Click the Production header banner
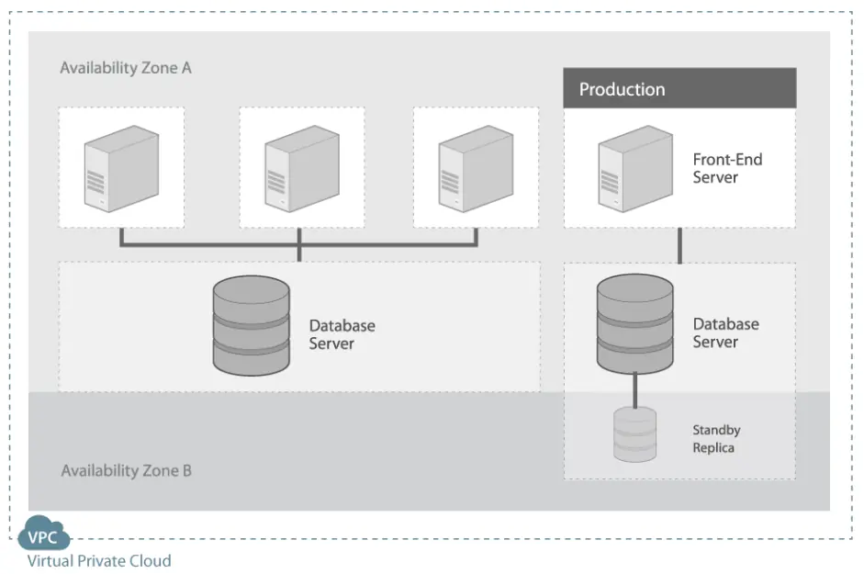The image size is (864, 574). pos(679,89)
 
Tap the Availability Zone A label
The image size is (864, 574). pos(126,68)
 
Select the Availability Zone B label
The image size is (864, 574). pos(126,471)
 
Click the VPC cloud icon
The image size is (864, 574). pos(43,537)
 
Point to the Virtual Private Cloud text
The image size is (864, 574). pos(98,560)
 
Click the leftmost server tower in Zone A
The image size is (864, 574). pos(120,168)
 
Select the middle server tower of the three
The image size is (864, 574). pos(300,168)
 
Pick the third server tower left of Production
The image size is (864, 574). pos(474,168)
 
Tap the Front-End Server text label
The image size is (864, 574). pos(727,168)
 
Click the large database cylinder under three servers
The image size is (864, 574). pos(251,326)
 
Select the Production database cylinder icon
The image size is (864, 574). pos(634,321)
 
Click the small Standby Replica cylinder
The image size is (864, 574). pos(634,434)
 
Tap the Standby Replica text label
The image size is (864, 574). pos(716,439)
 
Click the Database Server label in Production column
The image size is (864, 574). pos(725,332)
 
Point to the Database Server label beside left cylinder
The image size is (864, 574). pos(342,334)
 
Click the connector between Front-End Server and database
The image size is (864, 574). pos(679,246)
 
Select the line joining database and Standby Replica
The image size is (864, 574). pos(634,389)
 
